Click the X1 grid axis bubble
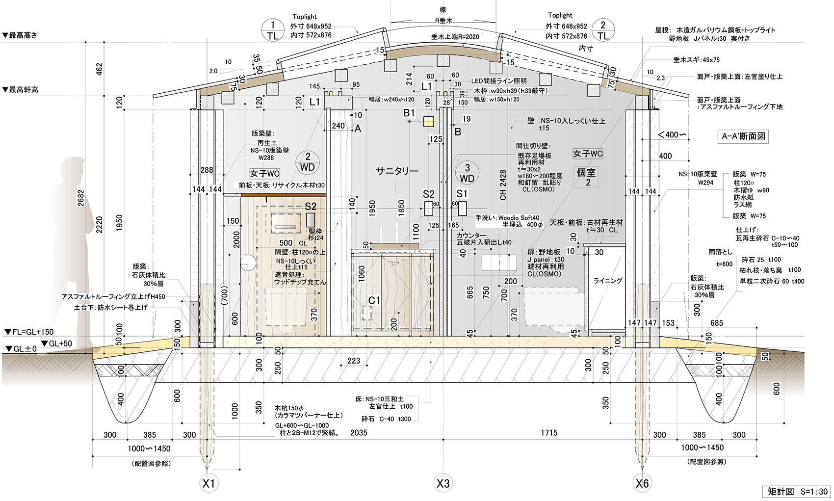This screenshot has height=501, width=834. click(x=209, y=484)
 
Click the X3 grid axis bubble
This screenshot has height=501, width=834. click(x=443, y=484)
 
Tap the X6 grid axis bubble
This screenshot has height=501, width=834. click(x=642, y=484)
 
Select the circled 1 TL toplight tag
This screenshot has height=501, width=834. click(x=273, y=30)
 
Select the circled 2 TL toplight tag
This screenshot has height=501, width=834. click(x=603, y=30)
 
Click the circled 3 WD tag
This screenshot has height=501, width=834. click(x=467, y=173)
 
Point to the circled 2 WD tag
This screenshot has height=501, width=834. click(x=308, y=162)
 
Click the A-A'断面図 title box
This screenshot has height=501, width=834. click(x=744, y=137)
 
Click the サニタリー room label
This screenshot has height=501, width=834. click(x=397, y=171)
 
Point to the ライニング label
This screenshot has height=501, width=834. click(x=607, y=281)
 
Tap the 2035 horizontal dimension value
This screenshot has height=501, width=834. click(x=359, y=433)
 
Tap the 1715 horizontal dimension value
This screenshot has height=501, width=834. click(x=549, y=433)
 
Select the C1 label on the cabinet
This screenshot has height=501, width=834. click(x=375, y=300)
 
